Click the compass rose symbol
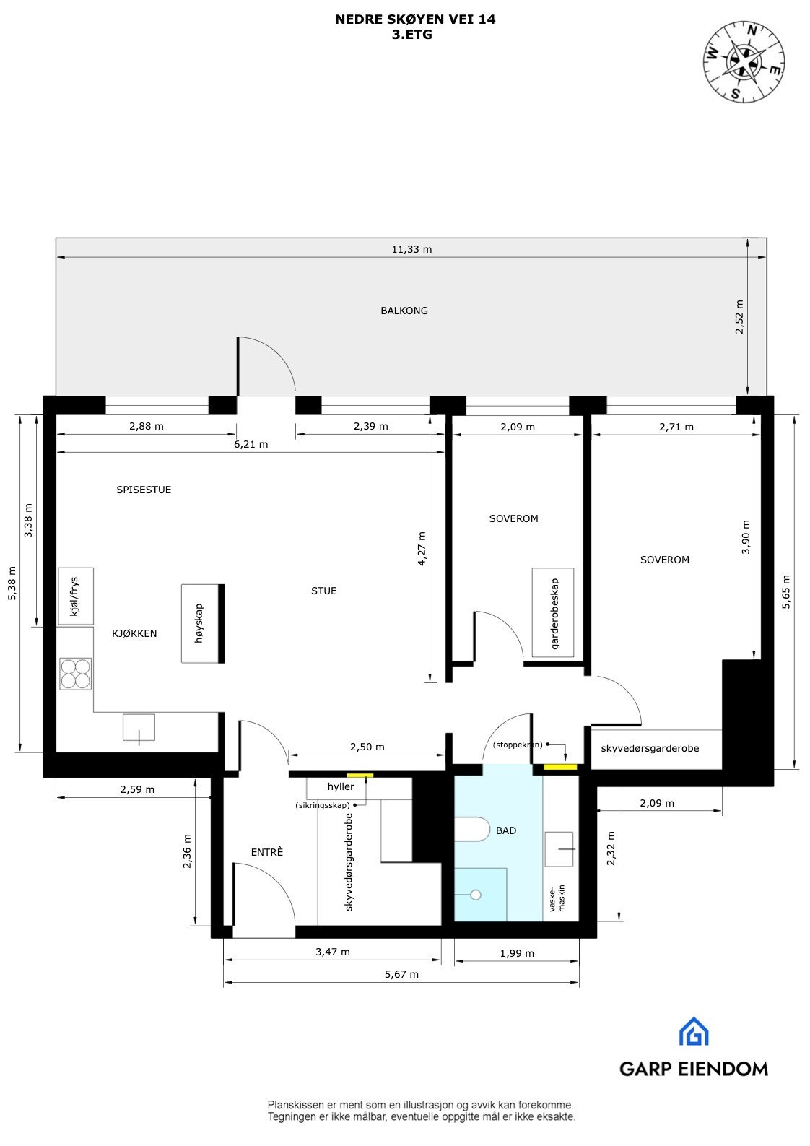click(x=744, y=61)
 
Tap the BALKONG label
click(x=404, y=311)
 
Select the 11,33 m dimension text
click(x=411, y=249)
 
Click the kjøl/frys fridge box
click(x=76, y=596)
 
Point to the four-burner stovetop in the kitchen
click(x=76, y=674)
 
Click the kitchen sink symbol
click(x=139, y=727)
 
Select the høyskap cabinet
click(x=201, y=623)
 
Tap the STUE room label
click(x=323, y=591)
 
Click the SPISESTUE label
click(x=144, y=490)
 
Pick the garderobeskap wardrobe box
click(x=554, y=613)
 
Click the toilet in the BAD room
click(x=474, y=829)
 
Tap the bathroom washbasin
click(x=559, y=848)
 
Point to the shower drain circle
click(x=476, y=895)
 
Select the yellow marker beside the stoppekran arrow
click(x=559, y=766)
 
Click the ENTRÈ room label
click(x=267, y=852)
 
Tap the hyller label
click(x=341, y=786)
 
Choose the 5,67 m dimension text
click(x=403, y=974)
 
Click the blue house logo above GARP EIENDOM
click(x=694, y=1032)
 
